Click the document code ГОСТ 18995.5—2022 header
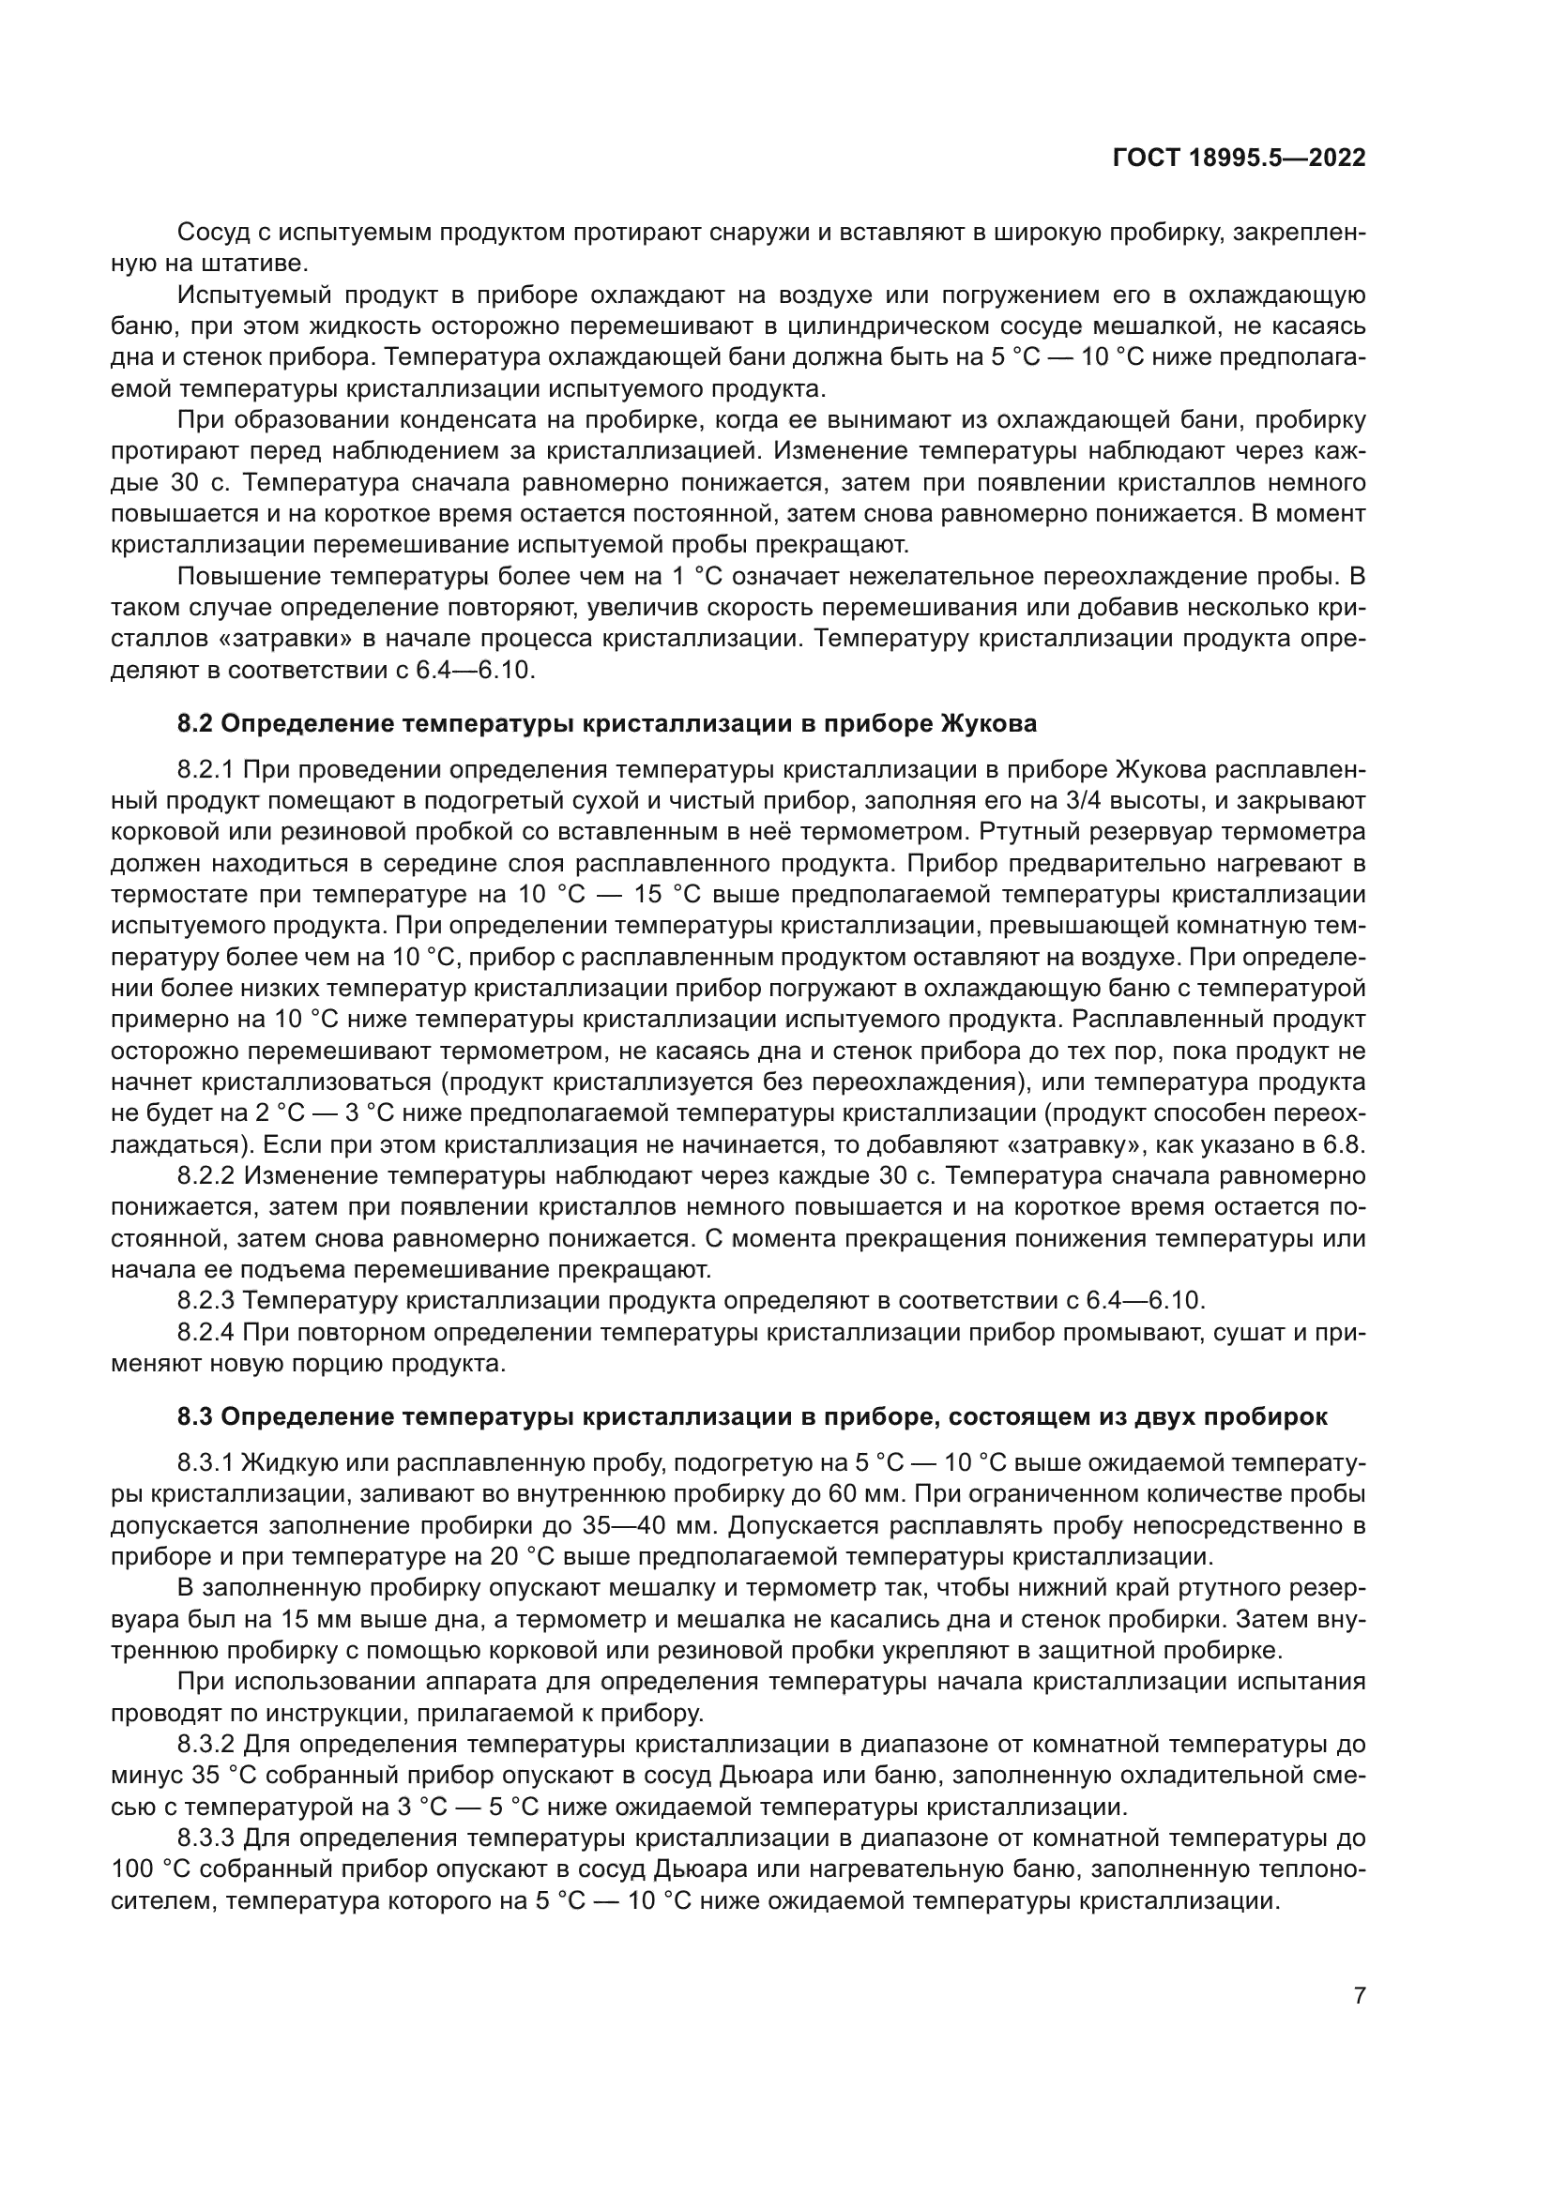[1239, 158]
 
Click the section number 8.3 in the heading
[196, 1417]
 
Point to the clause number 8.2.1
[205, 769]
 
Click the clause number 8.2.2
[205, 1175]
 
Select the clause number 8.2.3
[205, 1300]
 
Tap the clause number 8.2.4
[205, 1332]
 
